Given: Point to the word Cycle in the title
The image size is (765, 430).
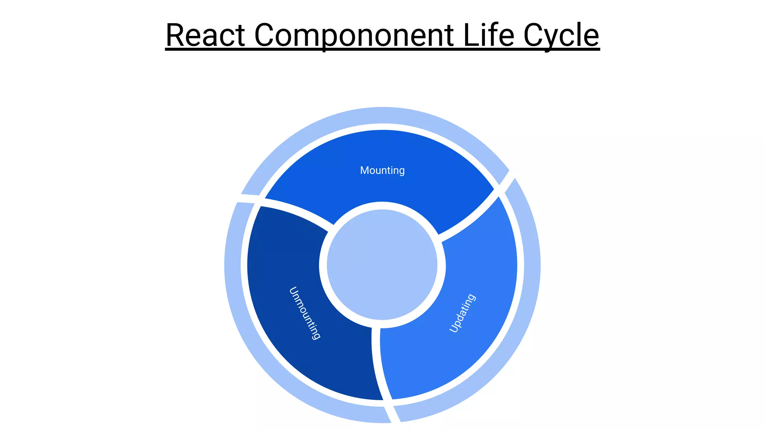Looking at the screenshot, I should coord(561,36).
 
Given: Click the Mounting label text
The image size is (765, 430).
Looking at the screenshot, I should coord(382,171).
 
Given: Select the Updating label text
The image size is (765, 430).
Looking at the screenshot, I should coord(462,313).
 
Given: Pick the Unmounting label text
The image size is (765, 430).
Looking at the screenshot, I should coord(305,313).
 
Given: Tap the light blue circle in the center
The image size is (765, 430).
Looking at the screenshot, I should coord(382,265).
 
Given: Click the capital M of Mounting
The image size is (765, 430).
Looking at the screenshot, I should coord(364,170).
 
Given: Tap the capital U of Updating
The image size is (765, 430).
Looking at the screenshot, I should coord(453,328).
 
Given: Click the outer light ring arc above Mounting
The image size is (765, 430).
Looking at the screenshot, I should coord(382,115).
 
